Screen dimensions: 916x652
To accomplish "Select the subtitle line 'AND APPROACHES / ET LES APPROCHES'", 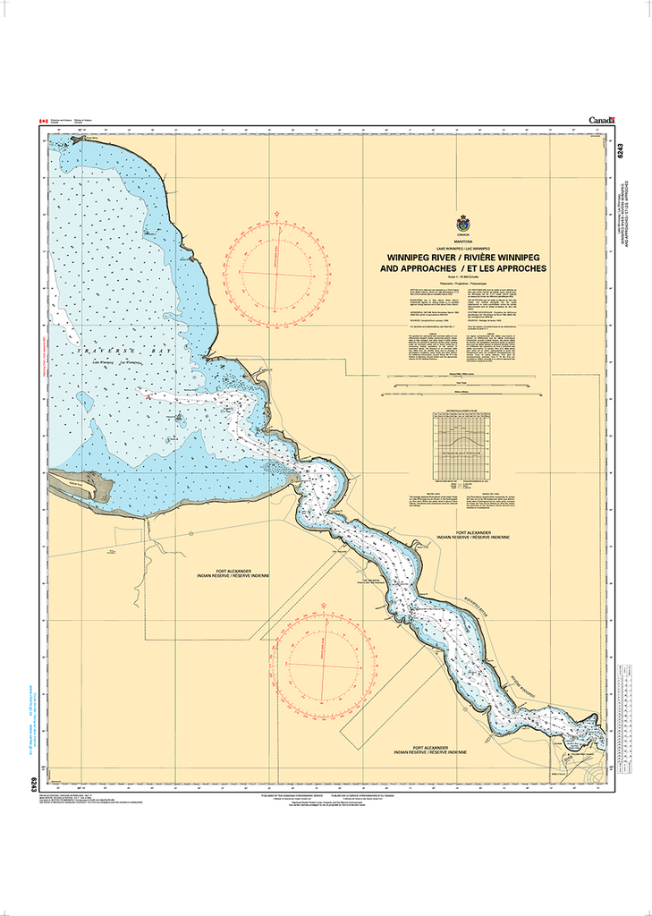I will pos(462,267).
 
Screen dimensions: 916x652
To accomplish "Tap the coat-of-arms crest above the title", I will pos(462,224).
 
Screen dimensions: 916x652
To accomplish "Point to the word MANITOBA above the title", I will pos(462,239).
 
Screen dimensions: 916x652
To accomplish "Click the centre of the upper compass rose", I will pos(271,271).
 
